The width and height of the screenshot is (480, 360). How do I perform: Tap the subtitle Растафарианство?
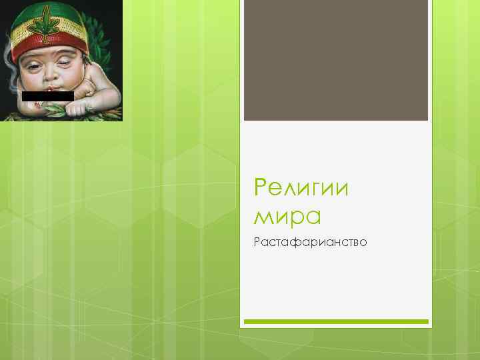310,241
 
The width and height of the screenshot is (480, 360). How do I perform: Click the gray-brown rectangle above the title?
335,60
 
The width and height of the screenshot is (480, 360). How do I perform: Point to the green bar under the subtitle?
335,321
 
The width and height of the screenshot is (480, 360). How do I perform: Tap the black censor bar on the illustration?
47,96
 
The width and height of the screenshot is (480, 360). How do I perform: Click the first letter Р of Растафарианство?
257,241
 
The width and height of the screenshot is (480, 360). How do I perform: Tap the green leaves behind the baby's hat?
107,27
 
